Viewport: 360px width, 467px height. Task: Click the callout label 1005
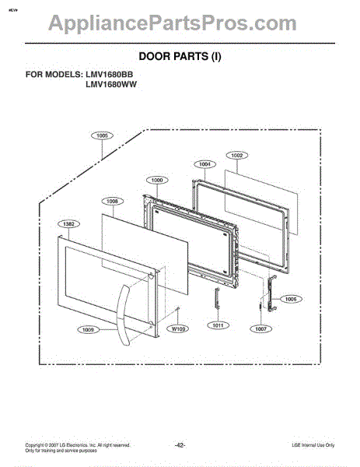click(x=103, y=135)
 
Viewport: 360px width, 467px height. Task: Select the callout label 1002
click(x=237, y=156)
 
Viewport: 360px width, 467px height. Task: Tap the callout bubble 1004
click(x=204, y=164)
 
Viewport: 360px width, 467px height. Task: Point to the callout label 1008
click(x=113, y=201)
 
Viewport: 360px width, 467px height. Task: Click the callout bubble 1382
click(x=69, y=224)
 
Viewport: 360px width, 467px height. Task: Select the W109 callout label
click(x=180, y=329)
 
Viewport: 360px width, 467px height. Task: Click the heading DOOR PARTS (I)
click(x=180, y=56)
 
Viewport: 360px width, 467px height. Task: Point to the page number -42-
click(x=180, y=444)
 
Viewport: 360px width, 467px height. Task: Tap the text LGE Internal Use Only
click(x=307, y=444)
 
